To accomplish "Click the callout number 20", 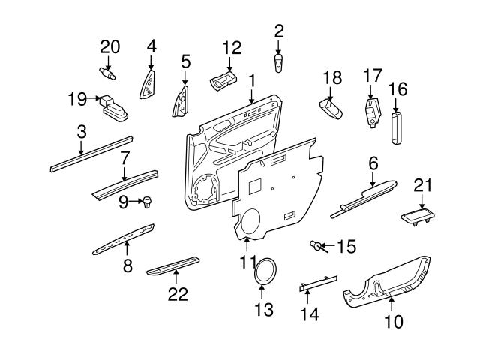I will (109, 47).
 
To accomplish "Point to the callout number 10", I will (393, 322).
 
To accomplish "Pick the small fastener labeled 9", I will (147, 202).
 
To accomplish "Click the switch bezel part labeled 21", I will (419, 216).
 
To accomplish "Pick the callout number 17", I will (373, 76).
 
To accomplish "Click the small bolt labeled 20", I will (108, 73).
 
